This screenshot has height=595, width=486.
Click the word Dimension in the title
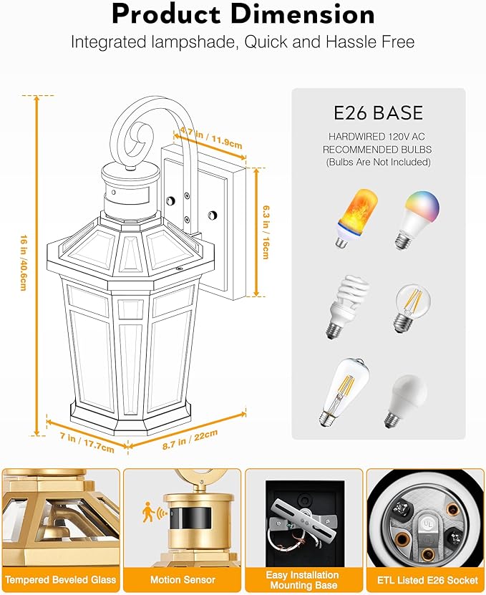point(304,14)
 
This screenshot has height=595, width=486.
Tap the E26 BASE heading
point(379,113)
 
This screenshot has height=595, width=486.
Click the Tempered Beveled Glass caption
point(61,579)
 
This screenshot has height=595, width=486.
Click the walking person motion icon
point(147,511)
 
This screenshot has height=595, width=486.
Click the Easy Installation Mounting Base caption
point(303,580)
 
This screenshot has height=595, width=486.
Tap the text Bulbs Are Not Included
point(378,163)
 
